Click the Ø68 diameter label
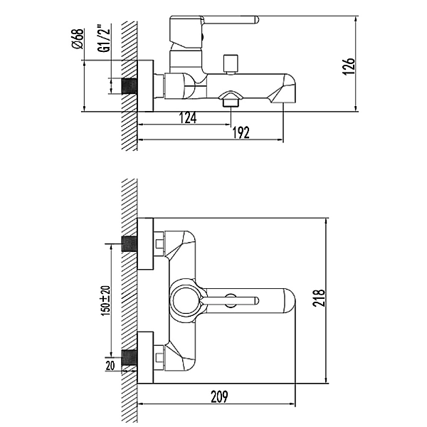pos(78,38)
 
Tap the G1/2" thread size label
pos(105,38)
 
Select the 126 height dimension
pos(349,66)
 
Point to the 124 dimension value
pos(188,118)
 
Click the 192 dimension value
pos(241,132)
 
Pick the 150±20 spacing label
pos(105,300)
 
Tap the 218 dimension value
pos(319,298)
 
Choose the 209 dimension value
pos(219,396)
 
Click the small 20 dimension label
pos(110,366)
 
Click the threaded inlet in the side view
pos(129,86)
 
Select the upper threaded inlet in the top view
pos(129,243)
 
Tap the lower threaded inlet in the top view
pos(129,357)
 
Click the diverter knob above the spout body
pos(231,65)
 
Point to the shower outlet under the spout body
pos(231,99)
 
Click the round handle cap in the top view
pos(185,300)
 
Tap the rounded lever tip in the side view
pos(256,20)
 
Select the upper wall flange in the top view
pos(145,243)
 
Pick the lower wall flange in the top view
pos(145,357)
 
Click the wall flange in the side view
pos(145,86)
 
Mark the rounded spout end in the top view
pos(289,301)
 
